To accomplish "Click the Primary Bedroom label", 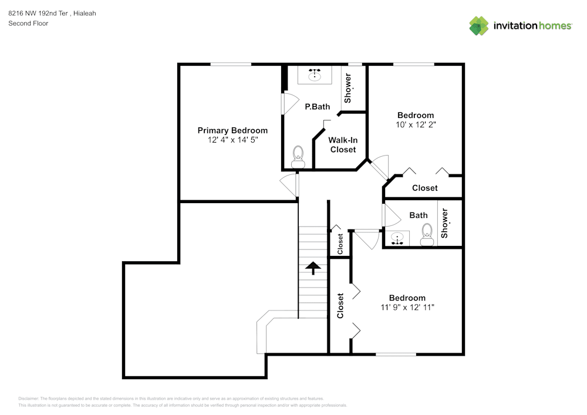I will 232,130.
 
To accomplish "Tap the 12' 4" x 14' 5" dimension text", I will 232,140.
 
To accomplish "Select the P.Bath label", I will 317,107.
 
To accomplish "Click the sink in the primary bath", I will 316,75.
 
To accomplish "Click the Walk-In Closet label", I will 343,145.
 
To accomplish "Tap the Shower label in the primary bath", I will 348,88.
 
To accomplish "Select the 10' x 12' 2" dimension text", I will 416,124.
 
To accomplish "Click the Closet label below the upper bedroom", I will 424,188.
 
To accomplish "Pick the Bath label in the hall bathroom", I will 419,215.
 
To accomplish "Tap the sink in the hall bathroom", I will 398,239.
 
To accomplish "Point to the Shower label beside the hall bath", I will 444,223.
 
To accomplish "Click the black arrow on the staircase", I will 313,268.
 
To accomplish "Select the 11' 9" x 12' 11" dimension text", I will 407,307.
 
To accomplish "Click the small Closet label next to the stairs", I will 340,243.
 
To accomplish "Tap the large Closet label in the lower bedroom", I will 340,306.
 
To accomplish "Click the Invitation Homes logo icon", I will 479,26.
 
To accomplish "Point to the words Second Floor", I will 28,23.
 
